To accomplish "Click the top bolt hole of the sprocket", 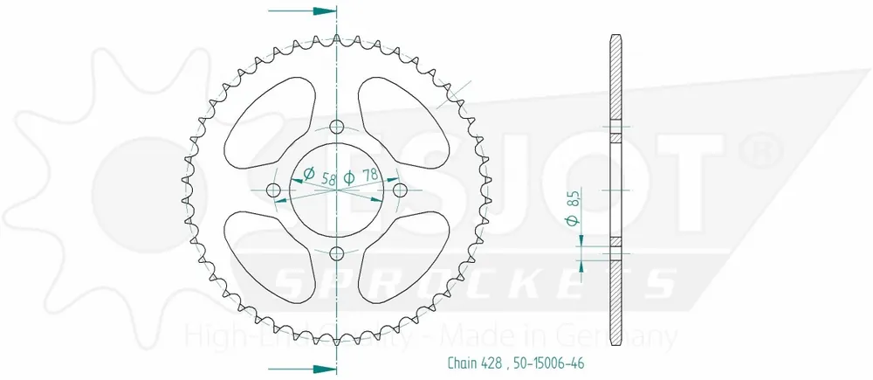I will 337,125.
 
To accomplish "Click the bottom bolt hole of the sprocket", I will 337,253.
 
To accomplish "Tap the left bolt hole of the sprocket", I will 272,190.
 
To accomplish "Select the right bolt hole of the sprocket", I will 401,190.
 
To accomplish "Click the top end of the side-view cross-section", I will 615,39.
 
